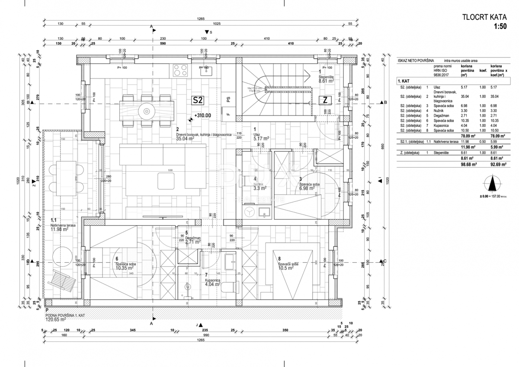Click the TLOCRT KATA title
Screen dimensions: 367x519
484,18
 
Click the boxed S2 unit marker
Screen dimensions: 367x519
198,100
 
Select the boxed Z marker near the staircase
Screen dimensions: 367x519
324,100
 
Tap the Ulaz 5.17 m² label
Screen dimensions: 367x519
261,136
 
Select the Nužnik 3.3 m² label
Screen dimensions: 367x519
259,186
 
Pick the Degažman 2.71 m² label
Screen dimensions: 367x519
193,240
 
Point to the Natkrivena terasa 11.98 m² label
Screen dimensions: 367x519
60,227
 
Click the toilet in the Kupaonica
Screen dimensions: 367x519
231,287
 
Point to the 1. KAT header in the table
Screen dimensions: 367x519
405,81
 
